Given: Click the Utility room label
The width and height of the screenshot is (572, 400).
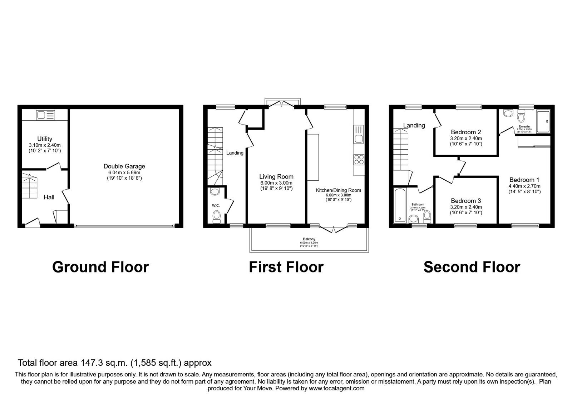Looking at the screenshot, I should [45, 139].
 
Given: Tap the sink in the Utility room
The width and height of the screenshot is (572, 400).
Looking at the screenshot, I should [46, 115].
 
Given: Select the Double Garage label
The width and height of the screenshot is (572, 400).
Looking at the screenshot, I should [124, 166].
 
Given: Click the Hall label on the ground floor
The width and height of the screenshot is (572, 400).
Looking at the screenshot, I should [49, 197].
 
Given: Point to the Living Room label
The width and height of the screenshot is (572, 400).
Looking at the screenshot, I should [276, 176].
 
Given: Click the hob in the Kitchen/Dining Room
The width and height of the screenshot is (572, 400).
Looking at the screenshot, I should [359, 159].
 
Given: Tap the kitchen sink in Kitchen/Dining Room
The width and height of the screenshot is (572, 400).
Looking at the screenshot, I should [359, 135].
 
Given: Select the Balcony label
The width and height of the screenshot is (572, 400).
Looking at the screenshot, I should [309, 239].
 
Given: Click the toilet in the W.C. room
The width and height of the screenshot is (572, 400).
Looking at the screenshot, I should [216, 216].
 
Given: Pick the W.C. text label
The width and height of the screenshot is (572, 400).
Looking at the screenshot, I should [216, 205].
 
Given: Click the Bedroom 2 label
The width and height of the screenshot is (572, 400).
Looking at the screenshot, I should [466, 132].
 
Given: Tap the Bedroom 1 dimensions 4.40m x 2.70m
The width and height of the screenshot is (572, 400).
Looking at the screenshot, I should [524, 186].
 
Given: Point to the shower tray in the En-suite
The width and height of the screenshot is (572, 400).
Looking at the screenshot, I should [543, 121].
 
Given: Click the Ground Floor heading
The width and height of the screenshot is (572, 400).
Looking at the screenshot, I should [100, 267].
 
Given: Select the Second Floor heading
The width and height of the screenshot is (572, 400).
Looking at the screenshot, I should [472, 267].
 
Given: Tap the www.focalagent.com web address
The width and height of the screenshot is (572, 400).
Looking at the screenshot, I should [336, 388].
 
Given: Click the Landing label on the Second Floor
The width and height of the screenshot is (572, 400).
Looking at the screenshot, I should [414, 125].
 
